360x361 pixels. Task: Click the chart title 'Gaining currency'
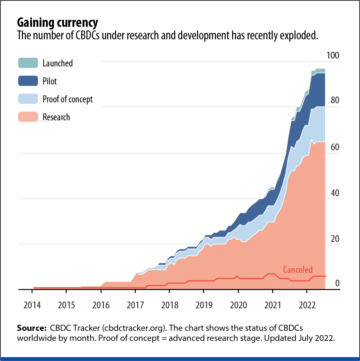[57, 23]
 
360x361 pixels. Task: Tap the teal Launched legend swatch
[28, 63]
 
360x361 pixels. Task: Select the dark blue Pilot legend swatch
[28, 81]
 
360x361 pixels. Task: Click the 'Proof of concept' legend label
[68, 99]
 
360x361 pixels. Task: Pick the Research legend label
[56, 117]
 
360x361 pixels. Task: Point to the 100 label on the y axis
[333, 55]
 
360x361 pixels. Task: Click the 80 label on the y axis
[335, 100]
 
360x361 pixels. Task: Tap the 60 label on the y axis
[335, 147]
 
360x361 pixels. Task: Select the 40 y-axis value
[335, 193]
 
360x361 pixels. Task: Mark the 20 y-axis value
[335, 239]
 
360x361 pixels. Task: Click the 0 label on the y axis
[337, 283]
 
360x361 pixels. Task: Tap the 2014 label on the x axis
[32, 305]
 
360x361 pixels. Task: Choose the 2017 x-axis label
[135, 305]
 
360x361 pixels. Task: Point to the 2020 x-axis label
[238, 305]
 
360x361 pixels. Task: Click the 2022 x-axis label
[307, 305]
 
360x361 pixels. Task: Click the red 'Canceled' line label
[298, 270]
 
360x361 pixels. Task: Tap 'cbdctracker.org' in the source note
[134, 328]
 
